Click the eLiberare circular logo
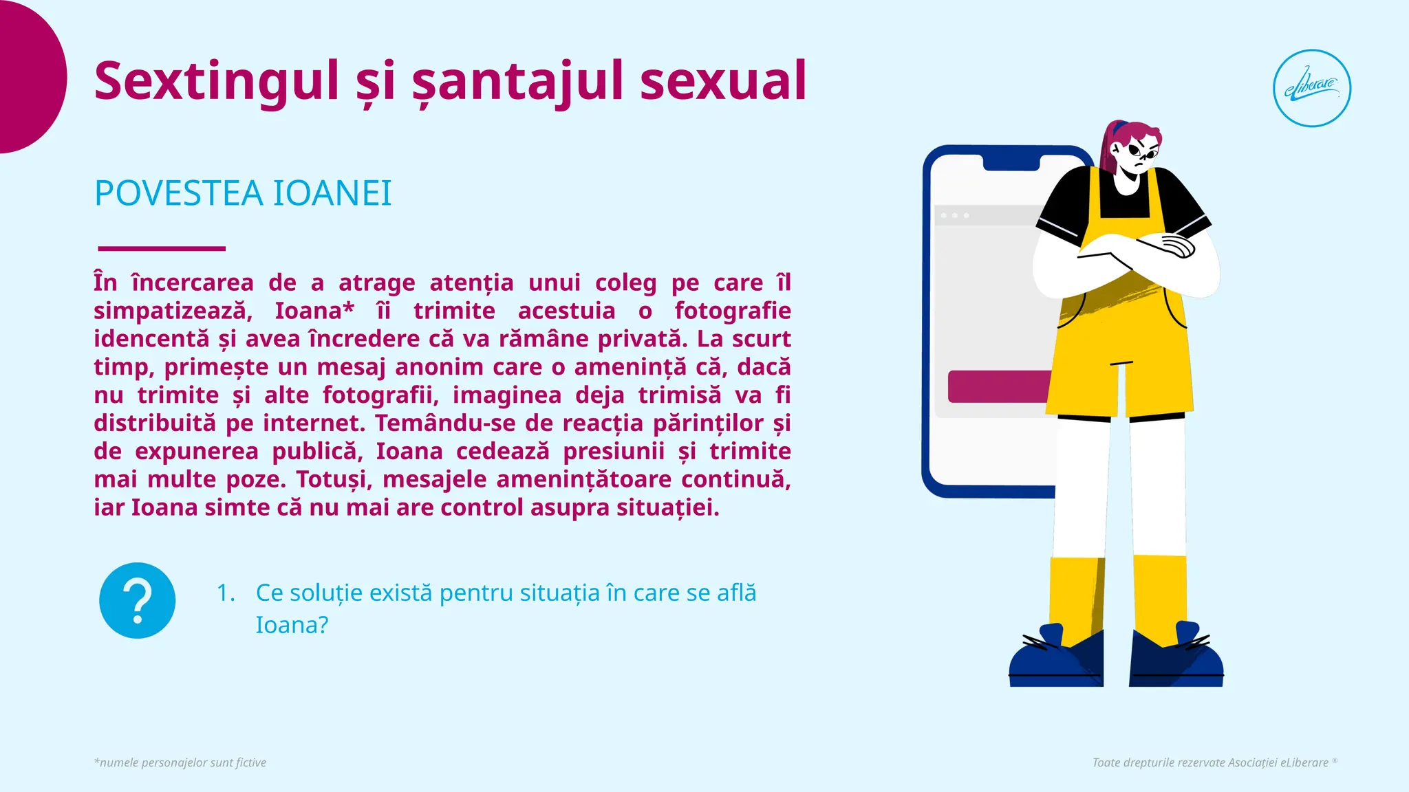click(x=1311, y=88)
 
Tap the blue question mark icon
click(x=138, y=600)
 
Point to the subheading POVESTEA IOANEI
click(x=243, y=193)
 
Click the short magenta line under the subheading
click(x=162, y=248)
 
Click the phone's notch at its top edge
click(x=1011, y=162)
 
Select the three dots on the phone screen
click(x=955, y=216)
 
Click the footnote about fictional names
click(x=180, y=762)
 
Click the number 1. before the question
click(x=226, y=593)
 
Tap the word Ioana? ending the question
click(x=292, y=625)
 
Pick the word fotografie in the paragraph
click(x=732, y=311)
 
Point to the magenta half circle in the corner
click(x=28, y=76)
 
